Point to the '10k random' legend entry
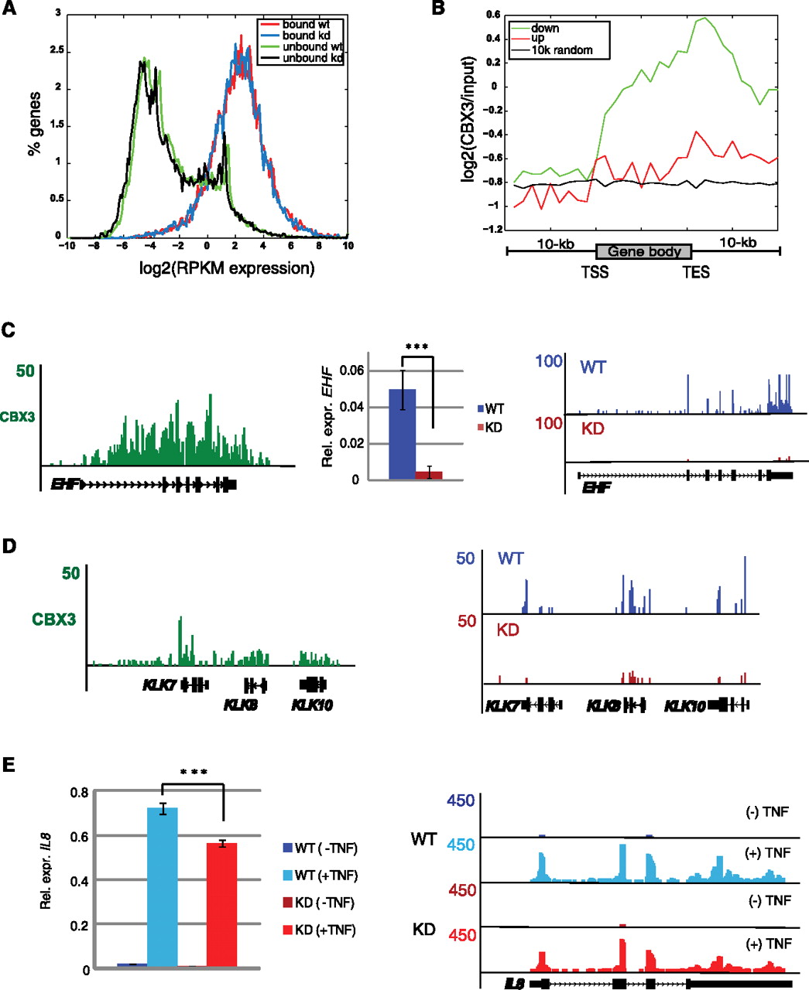pyautogui.click(x=561, y=50)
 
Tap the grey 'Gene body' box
pyautogui.click(x=643, y=251)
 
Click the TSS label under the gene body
pyautogui.click(x=595, y=272)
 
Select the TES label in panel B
pyautogui.click(x=695, y=272)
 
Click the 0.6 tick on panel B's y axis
pyautogui.click(x=492, y=15)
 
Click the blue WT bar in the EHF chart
pyautogui.click(x=402, y=434)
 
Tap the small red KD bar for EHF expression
pyautogui.click(x=428, y=475)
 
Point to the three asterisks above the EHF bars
pyautogui.click(x=416, y=346)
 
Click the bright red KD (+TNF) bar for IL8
pyautogui.click(x=221, y=904)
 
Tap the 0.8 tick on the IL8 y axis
pyautogui.click(x=79, y=792)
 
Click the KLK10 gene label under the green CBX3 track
pyautogui.click(x=312, y=705)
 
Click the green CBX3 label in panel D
pyautogui.click(x=53, y=619)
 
